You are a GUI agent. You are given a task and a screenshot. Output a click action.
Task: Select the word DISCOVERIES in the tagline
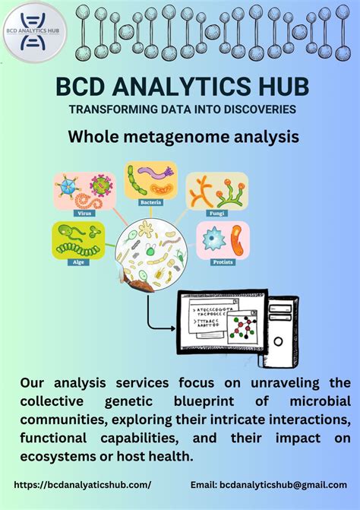point(252,109)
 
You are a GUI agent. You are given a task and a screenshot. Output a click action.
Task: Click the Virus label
point(85,214)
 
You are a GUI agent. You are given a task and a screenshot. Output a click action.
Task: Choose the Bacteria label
point(150,203)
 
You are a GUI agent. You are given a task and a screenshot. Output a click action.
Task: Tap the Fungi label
point(216,214)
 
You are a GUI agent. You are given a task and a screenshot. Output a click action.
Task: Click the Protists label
point(223,262)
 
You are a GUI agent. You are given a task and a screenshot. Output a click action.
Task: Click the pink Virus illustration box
point(84,191)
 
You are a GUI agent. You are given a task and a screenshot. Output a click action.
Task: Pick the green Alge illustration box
point(78,239)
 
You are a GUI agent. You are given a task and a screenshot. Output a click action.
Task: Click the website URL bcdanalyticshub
point(82,484)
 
